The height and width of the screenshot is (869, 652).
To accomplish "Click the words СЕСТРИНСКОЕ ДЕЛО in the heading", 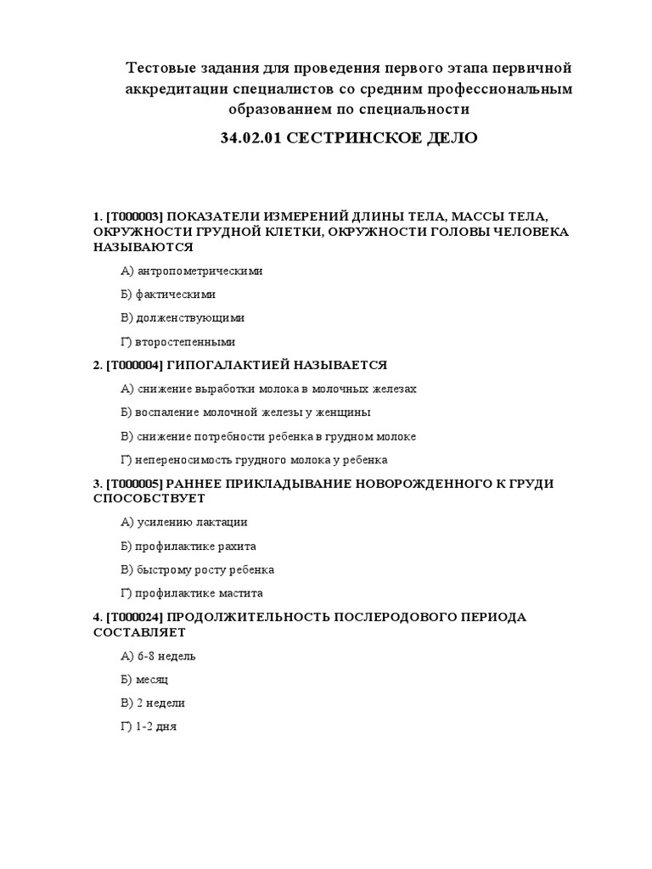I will [382, 137].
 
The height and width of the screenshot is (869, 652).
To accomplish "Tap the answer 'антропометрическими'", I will [200, 271].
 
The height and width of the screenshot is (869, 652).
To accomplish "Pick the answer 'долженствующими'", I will [190, 318].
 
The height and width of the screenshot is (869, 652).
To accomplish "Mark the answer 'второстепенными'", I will [185, 342].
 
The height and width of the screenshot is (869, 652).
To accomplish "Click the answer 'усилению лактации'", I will [192, 523].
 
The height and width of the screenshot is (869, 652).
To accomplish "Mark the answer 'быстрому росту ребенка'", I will [205, 570].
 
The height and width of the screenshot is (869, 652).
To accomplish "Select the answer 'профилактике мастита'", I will [200, 594].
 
